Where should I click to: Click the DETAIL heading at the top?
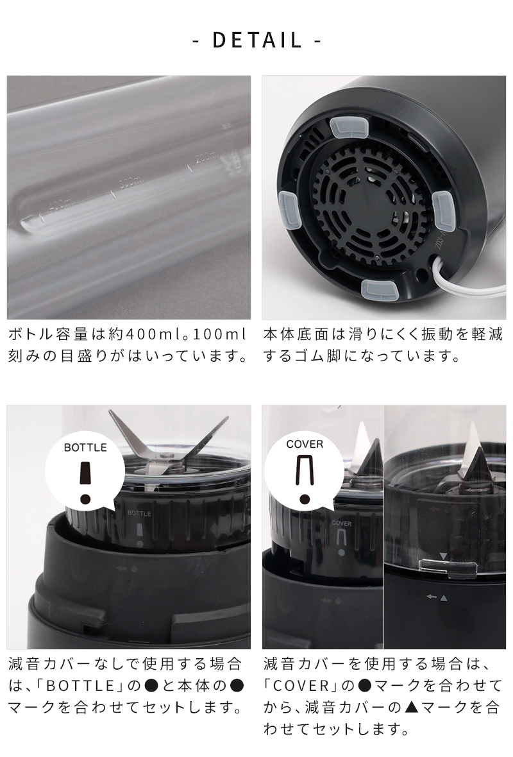pos(256,40)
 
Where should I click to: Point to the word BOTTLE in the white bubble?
pos(85,447)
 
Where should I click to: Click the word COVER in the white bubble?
pos(305,444)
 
